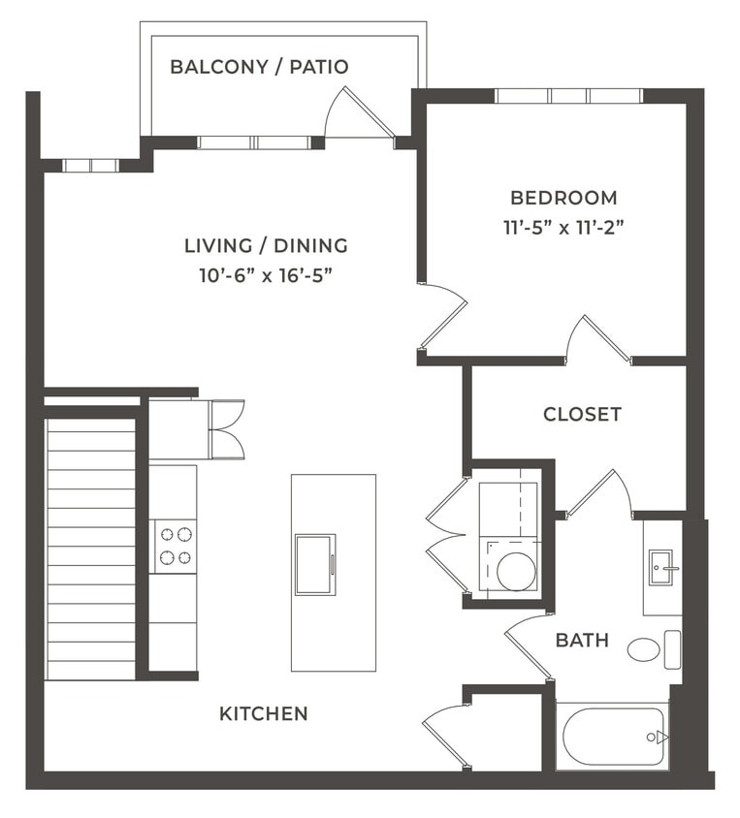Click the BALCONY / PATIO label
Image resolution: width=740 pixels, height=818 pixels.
[x=259, y=67]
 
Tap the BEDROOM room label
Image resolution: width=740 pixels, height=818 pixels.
[x=563, y=198]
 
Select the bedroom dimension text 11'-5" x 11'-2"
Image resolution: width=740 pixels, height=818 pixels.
[x=563, y=229]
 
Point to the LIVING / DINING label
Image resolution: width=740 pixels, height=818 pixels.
[x=266, y=245]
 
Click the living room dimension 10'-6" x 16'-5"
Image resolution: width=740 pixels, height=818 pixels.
[x=266, y=275]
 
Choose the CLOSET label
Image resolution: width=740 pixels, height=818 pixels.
[x=582, y=414]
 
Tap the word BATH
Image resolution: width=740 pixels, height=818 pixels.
[x=582, y=641]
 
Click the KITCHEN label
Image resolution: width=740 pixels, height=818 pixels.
[x=263, y=714]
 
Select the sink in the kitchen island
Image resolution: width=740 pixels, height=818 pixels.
[x=315, y=564]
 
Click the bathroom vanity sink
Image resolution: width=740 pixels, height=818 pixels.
[x=661, y=565]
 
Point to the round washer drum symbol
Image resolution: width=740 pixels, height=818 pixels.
[x=515, y=571]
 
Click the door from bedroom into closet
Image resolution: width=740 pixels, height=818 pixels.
[x=598, y=340]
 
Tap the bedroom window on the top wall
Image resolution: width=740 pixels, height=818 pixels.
[x=568, y=96]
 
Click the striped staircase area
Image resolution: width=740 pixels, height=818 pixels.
[x=91, y=548]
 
